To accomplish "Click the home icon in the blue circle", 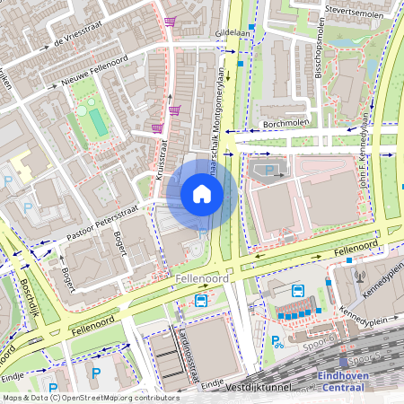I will (202, 193).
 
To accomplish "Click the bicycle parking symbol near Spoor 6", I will (278, 341).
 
